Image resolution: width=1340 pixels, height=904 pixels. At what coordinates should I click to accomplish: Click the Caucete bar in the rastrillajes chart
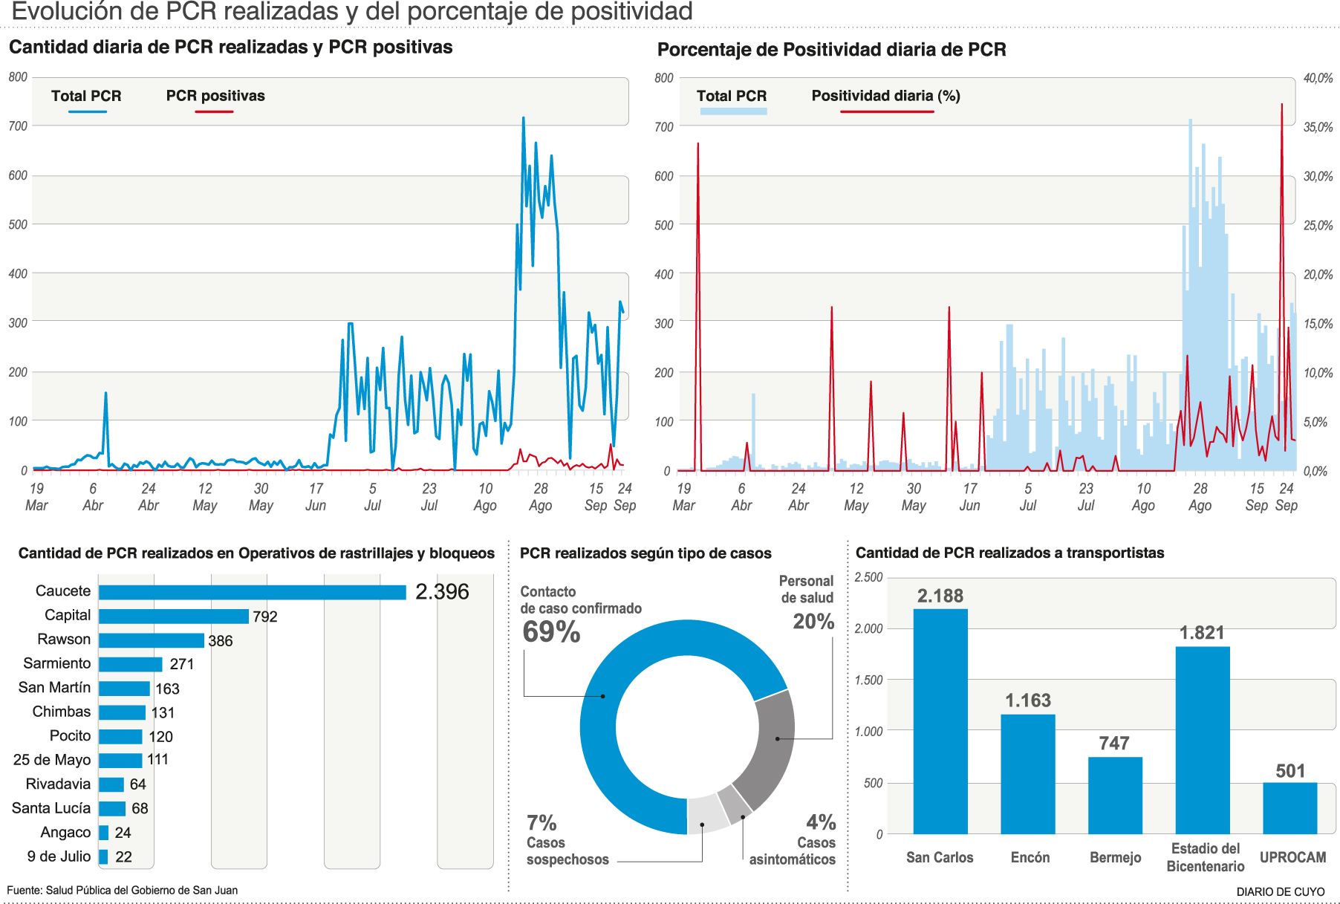[253, 592]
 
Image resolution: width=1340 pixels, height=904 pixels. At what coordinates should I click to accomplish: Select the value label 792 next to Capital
[265, 617]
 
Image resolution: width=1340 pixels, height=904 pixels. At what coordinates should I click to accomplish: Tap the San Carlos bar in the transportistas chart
[940, 721]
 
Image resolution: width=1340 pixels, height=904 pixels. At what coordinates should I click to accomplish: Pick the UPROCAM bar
[1290, 807]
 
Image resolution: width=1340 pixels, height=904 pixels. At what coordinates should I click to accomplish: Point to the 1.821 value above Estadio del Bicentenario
[1202, 633]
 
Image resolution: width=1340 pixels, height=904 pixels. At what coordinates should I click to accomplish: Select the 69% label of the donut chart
[551, 632]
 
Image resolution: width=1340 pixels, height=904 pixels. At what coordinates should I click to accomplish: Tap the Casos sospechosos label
[567, 851]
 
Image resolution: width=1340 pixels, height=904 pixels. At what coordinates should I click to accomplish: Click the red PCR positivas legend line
[214, 112]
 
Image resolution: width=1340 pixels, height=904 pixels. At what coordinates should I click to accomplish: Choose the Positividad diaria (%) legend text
[885, 96]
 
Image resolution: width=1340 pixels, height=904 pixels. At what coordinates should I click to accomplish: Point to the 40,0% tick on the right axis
[1318, 78]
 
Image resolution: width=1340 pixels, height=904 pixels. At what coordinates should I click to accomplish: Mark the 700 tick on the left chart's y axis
[18, 126]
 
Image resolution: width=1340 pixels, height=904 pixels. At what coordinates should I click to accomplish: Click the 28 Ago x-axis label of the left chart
[541, 497]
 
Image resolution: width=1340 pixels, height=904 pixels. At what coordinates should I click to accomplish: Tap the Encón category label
[1030, 857]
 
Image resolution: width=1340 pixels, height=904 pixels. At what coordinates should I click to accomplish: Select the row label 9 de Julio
[59, 856]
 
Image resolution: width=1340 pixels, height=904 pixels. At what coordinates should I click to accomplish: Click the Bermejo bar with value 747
[1115, 795]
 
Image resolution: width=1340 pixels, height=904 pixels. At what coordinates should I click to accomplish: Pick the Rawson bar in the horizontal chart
[152, 640]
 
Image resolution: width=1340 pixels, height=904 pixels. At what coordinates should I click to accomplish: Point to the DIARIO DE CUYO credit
[1280, 891]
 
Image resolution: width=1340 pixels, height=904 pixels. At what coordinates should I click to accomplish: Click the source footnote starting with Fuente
[123, 890]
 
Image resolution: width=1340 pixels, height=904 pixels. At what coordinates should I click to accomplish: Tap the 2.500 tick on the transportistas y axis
[868, 577]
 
